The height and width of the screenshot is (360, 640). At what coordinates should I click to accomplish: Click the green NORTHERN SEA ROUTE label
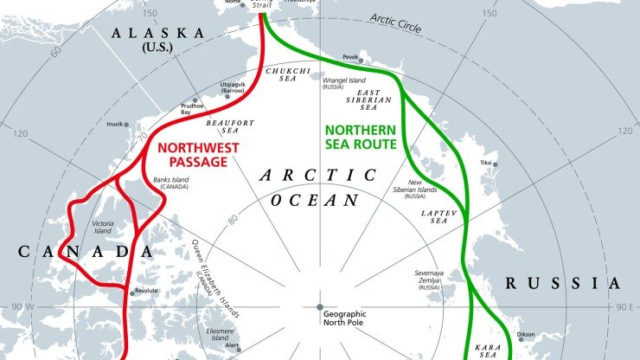360,137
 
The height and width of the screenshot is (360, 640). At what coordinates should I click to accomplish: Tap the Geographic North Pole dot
319,308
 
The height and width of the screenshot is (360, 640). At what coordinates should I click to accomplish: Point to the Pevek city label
349,56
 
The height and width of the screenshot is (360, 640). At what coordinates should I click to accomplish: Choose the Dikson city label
526,335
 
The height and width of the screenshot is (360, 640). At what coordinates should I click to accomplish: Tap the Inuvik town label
115,125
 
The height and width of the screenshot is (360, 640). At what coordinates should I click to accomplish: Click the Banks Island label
171,183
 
